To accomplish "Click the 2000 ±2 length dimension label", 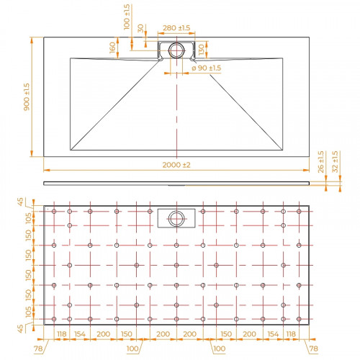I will (176, 165).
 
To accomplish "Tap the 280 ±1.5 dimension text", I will (176, 28).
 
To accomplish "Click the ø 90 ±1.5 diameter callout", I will (206, 68).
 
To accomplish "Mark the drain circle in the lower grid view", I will (176, 217).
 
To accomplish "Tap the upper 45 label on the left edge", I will (20, 202).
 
